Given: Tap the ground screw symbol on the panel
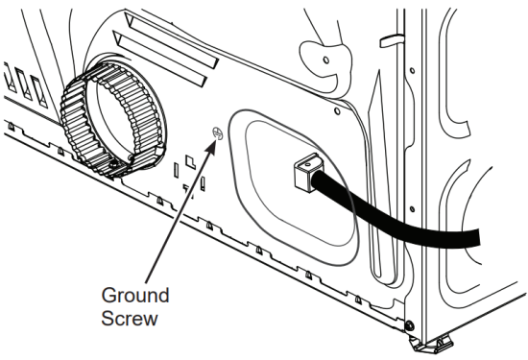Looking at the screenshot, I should click(x=217, y=133).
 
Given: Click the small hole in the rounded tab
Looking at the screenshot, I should click(x=325, y=60).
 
